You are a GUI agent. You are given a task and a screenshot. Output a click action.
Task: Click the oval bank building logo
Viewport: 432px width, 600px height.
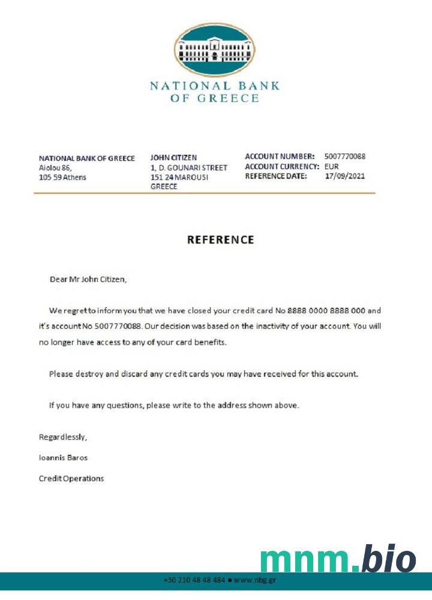click(214, 50)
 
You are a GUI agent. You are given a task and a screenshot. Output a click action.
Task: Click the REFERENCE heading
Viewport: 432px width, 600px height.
click(220, 240)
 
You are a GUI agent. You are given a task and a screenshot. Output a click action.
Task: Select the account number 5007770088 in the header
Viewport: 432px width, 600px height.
click(344, 157)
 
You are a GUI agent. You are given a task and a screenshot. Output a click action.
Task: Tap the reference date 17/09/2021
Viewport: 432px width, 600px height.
click(344, 176)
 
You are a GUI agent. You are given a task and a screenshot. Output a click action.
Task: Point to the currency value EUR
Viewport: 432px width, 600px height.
click(332, 166)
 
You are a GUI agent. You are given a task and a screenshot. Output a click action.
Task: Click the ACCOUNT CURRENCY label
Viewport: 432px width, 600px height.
click(281, 166)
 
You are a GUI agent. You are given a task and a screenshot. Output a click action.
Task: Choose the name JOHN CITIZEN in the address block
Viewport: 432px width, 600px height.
click(173, 158)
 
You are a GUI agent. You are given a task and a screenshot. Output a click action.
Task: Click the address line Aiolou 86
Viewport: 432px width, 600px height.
click(55, 168)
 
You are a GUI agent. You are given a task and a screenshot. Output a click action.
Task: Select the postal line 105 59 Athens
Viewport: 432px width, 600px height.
click(62, 178)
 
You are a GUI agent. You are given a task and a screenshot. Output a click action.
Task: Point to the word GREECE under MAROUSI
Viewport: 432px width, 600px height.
click(164, 187)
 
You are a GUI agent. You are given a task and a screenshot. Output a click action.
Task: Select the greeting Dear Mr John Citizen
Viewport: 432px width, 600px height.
click(88, 279)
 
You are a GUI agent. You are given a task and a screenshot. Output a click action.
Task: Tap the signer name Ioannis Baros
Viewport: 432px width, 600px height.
click(63, 458)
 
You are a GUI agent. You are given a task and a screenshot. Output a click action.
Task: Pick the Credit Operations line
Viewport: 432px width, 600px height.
click(71, 478)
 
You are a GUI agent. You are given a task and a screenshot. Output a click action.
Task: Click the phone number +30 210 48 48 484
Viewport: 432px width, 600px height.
click(194, 580)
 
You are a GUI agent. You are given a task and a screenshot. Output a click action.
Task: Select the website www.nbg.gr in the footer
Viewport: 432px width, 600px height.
click(254, 580)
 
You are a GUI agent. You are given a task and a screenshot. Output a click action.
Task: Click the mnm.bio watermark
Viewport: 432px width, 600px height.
click(338, 559)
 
